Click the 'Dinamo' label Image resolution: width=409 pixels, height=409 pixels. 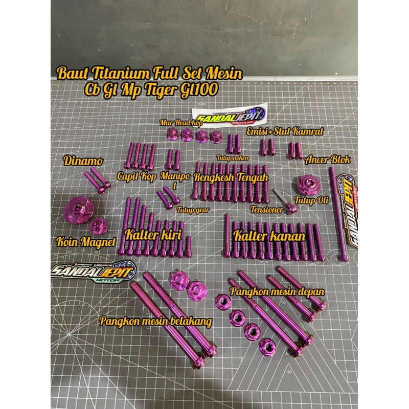(84, 161)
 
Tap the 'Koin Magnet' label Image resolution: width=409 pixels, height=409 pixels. (86, 242)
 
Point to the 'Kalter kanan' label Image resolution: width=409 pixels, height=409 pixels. (269, 236)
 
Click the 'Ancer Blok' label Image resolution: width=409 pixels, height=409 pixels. (328, 160)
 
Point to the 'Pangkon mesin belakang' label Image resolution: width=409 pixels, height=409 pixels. (155, 321)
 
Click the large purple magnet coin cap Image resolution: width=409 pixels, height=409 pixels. (79, 209)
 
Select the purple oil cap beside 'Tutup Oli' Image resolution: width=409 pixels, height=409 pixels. (308, 184)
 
